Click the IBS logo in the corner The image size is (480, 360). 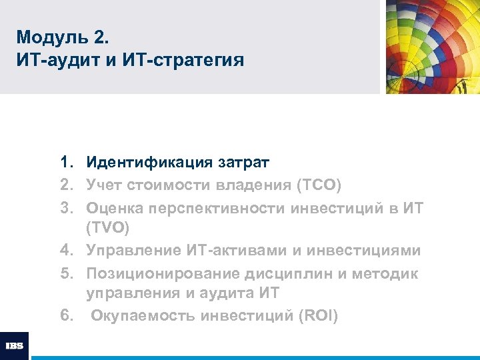tap(14, 346)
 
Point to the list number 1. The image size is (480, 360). tap(66, 162)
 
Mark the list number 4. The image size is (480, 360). tap(66, 250)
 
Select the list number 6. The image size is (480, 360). tap(66, 316)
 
